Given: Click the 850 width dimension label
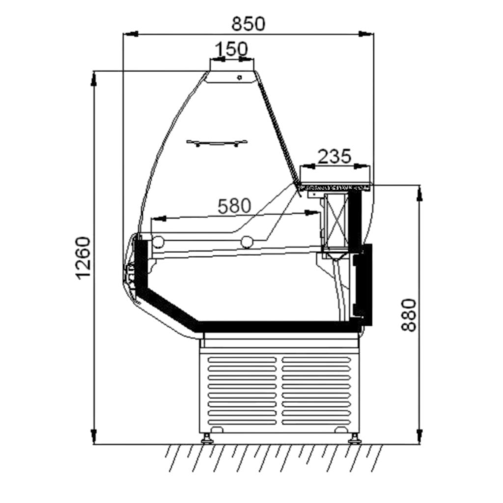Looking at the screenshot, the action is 248,24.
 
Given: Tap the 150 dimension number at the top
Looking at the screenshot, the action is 231,49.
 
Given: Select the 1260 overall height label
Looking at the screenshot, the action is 84,258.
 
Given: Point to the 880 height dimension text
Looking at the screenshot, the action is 409,315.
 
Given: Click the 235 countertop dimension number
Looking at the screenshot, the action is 334,156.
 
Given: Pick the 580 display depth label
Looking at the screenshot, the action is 234,206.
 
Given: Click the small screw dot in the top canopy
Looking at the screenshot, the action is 239,77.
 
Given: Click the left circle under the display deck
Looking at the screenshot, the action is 158,242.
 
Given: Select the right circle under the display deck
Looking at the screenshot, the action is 247,242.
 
